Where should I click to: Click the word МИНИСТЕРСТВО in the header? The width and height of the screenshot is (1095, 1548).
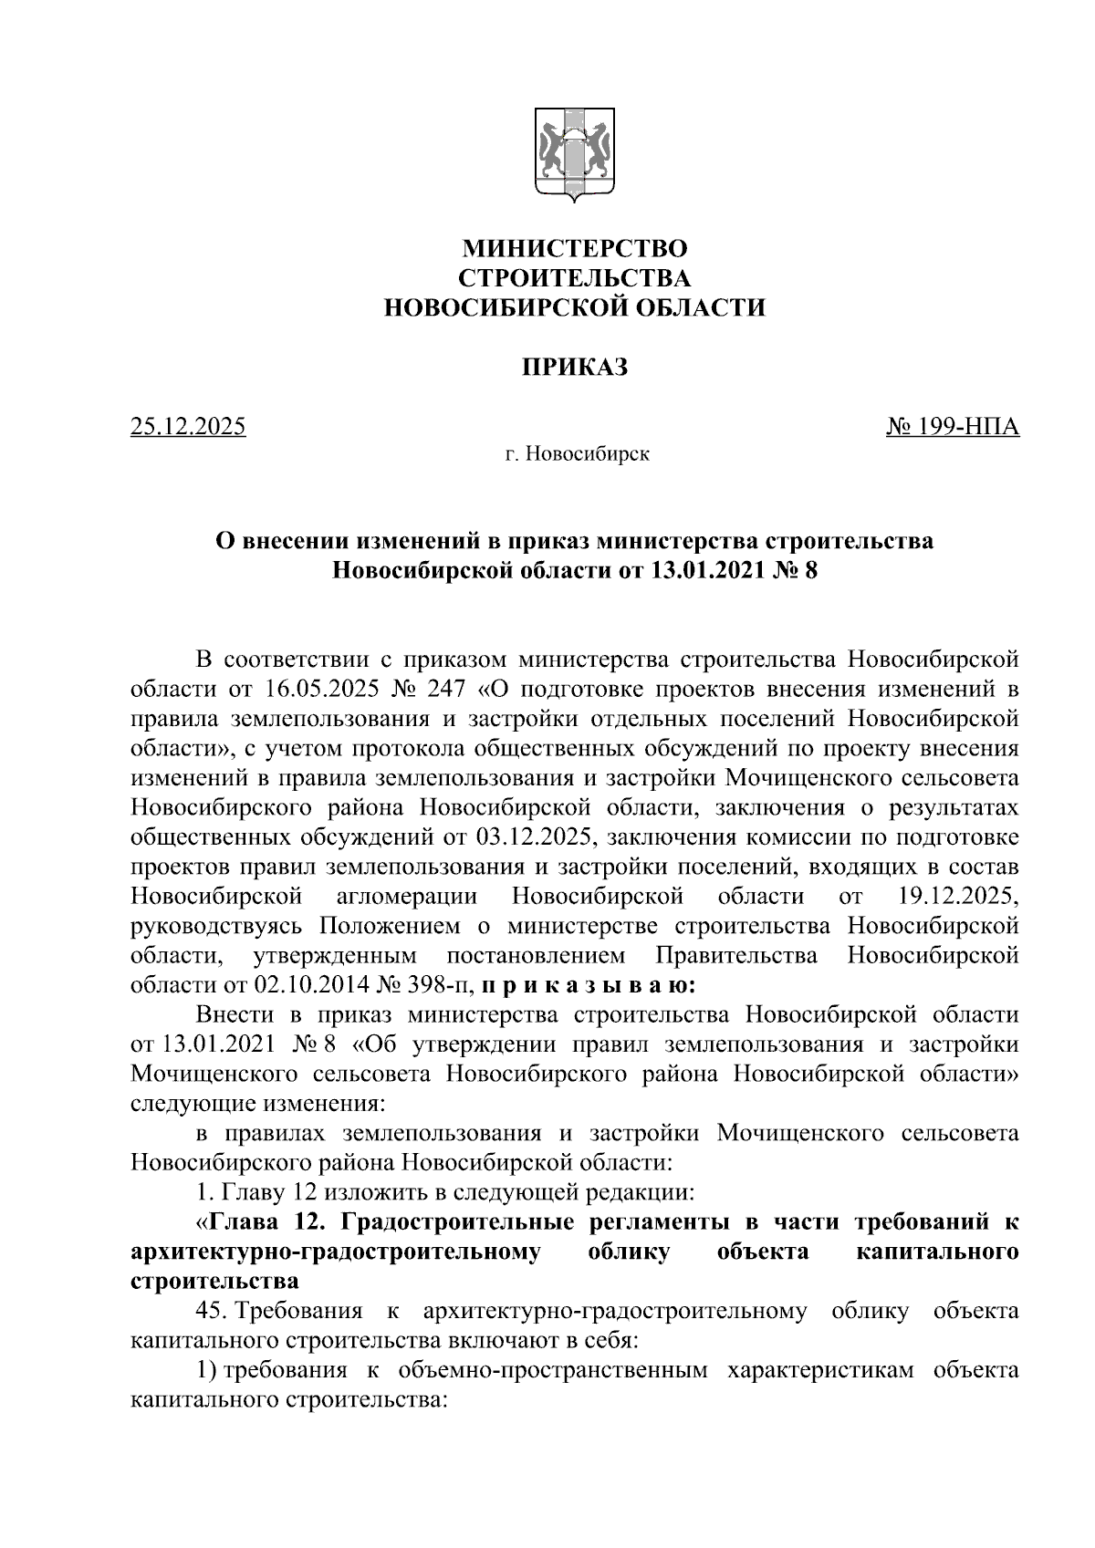coord(574,248)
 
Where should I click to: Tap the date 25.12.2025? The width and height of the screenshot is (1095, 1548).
coord(189,426)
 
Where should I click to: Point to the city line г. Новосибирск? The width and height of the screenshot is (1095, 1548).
coord(578,453)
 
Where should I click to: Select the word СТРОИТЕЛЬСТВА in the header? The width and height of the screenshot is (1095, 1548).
coord(574,278)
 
